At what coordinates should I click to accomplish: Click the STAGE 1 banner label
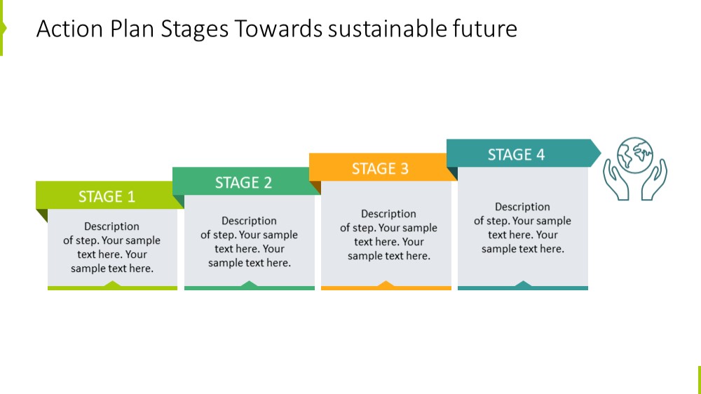click(107, 197)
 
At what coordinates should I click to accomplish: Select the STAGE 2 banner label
click(243, 182)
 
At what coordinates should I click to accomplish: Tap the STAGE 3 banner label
click(380, 168)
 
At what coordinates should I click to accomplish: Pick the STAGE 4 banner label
click(516, 155)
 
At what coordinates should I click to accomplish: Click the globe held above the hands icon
click(635, 155)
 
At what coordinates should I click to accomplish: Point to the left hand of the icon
click(615, 179)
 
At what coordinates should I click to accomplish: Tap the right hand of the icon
click(654, 179)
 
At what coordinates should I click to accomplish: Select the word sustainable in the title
click(387, 29)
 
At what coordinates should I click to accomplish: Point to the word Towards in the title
click(278, 29)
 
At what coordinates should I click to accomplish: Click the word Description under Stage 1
click(111, 226)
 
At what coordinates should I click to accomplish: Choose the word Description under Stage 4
click(522, 207)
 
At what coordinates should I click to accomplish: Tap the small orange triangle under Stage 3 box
click(386, 283)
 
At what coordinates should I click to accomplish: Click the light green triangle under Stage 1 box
click(112, 283)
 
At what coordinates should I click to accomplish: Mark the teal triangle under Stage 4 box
click(523, 283)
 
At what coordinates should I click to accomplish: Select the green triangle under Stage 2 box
click(249, 283)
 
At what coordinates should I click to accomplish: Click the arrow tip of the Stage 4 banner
click(601, 153)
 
